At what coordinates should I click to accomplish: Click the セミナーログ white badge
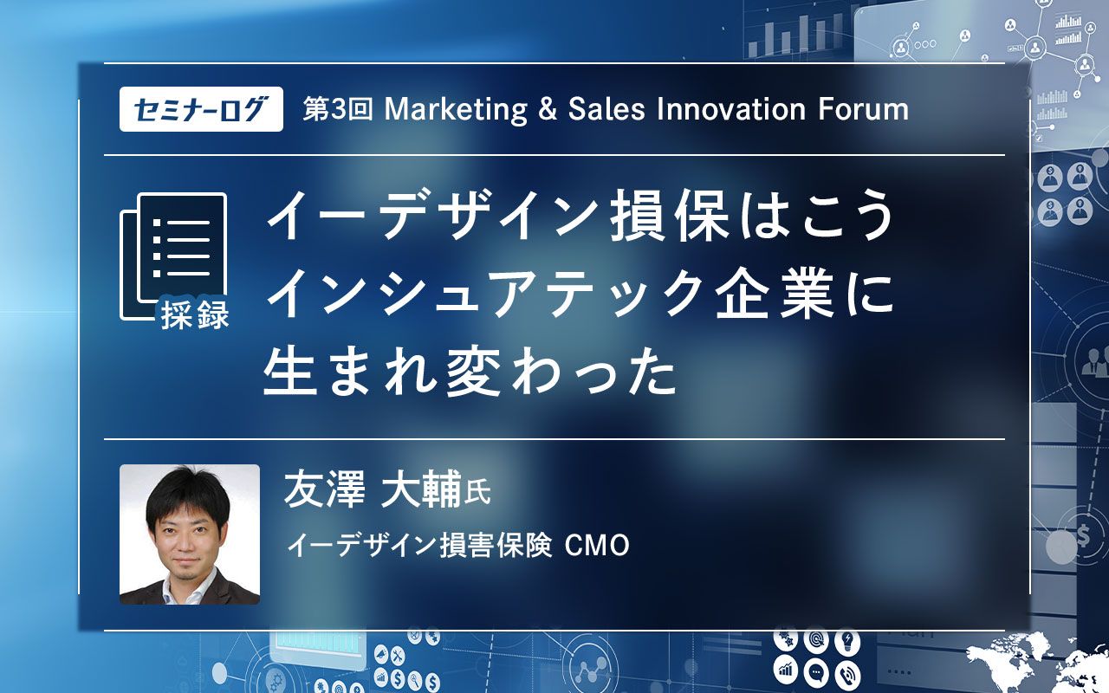tap(201, 110)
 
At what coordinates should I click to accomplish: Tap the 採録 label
tap(195, 316)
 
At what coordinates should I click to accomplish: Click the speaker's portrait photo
tap(190, 534)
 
